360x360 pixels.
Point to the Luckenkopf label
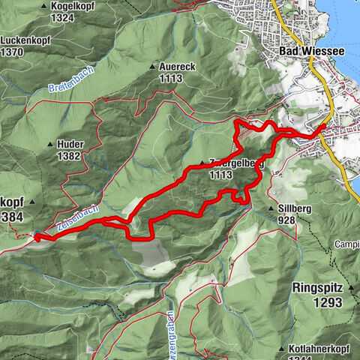[23, 40]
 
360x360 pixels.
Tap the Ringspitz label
[319, 286]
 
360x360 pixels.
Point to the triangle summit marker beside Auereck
[153, 66]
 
